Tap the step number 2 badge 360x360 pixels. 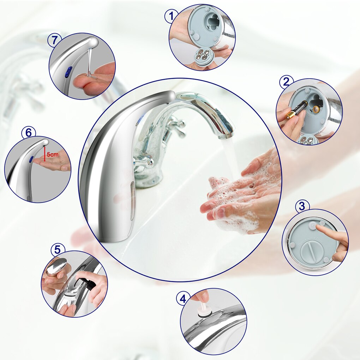point(286,82)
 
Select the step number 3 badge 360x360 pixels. point(302,206)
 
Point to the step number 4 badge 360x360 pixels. point(182,299)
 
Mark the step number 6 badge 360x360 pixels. point(29,133)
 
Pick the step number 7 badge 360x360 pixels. point(54,40)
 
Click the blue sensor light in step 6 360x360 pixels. point(31,159)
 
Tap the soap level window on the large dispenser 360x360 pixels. point(132,199)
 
